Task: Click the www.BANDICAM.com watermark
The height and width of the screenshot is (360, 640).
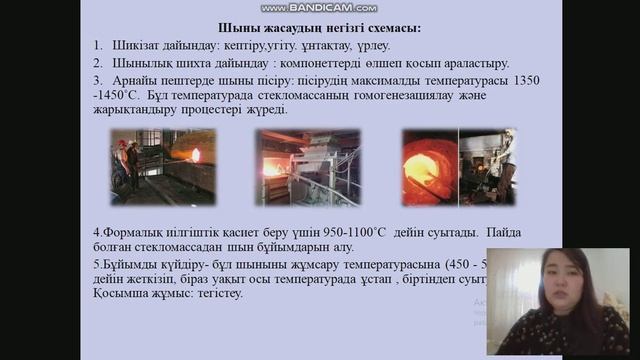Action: [x=319, y=8]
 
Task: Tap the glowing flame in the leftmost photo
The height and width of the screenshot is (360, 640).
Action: [x=196, y=156]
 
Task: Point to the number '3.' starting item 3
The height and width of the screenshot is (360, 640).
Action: [x=97, y=79]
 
